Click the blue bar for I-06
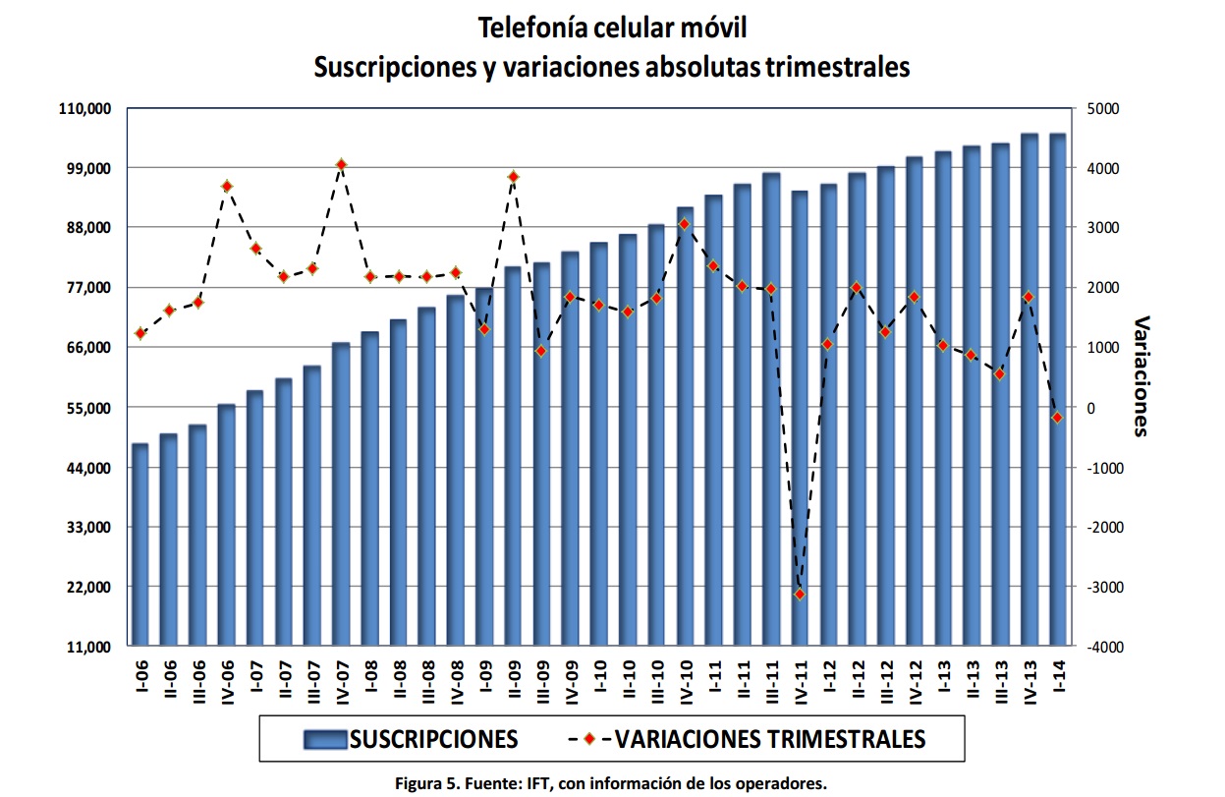(x=140, y=545)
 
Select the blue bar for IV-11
(x=800, y=419)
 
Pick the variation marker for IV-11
(x=800, y=594)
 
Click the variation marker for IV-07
(x=341, y=164)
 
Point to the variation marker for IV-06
(x=226, y=186)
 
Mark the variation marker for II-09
(x=513, y=177)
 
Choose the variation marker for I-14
(x=1058, y=418)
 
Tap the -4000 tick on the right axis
(x=1106, y=648)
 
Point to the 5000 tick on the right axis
(x=1102, y=108)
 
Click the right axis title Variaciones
(x=1141, y=375)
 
